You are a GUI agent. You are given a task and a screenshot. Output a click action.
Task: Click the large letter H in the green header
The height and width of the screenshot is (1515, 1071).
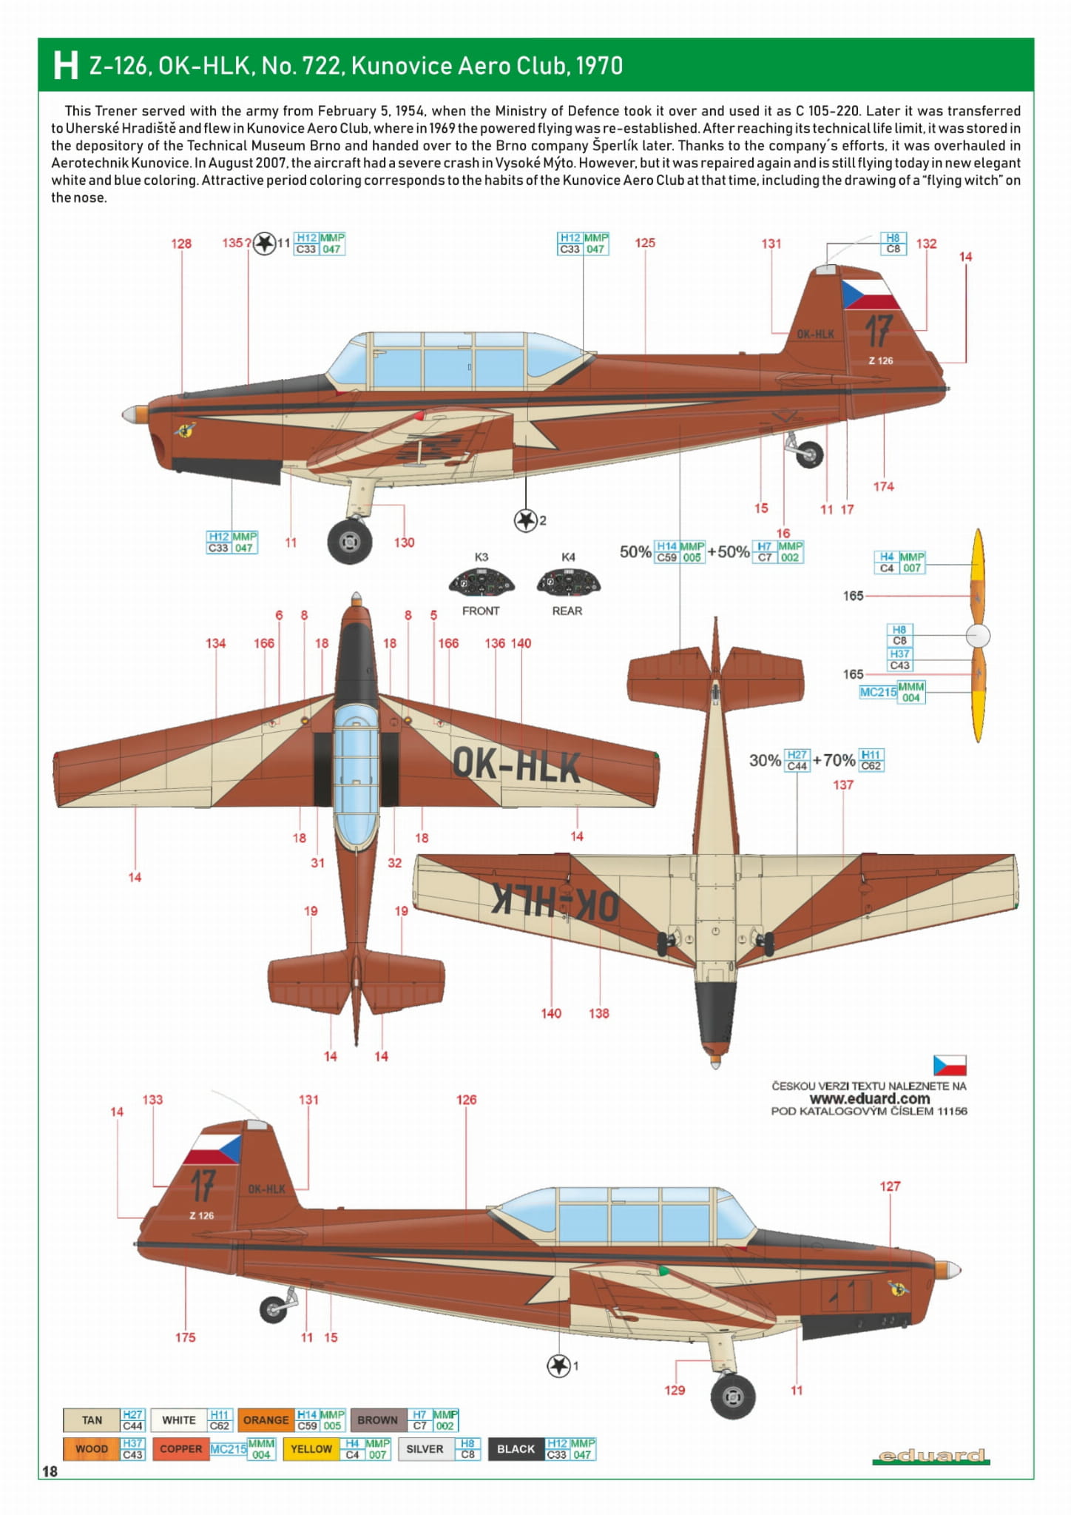tap(65, 65)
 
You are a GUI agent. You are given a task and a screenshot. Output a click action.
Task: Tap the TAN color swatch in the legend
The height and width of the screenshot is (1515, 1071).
tap(92, 1420)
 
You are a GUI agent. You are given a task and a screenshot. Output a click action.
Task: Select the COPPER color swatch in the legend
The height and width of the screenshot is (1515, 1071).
tap(180, 1448)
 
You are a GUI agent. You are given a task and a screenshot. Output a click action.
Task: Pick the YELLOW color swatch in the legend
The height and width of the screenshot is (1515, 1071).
tap(311, 1448)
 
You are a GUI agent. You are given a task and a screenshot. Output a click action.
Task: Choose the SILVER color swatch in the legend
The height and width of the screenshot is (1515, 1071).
tap(425, 1448)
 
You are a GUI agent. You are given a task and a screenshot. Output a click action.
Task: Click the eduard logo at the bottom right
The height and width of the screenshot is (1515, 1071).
tap(931, 1456)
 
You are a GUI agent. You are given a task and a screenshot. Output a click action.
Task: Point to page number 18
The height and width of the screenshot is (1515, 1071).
tap(50, 1471)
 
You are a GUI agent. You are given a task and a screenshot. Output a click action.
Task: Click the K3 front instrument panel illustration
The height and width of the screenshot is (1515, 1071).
tap(481, 582)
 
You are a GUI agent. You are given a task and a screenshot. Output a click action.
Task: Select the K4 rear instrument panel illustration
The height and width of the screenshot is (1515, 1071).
tap(568, 582)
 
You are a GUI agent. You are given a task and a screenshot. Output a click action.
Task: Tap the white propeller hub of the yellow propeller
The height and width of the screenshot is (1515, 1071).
tap(978, 635)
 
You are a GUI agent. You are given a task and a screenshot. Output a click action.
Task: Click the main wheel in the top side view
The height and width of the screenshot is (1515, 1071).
tap(349, 542)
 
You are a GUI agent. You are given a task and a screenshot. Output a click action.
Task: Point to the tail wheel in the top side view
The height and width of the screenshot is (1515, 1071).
tap(809, 454)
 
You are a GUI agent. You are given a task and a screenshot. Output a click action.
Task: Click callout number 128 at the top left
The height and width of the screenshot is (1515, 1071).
tap(181, 243)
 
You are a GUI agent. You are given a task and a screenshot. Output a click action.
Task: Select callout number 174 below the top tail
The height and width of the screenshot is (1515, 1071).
tap(883, 486)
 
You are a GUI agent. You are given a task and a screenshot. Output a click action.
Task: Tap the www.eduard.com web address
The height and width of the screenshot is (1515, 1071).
tap(869, 1098)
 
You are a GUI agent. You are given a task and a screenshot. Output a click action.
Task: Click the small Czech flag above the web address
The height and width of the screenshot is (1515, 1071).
tap(949, 1065)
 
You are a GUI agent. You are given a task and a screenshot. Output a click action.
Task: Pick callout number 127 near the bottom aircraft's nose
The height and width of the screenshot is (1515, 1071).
tap(890, 1186)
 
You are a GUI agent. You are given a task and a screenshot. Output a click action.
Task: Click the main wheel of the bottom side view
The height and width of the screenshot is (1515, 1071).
tap(732, 1397)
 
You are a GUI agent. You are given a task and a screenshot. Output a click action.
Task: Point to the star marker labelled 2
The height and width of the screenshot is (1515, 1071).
tap(525, 520)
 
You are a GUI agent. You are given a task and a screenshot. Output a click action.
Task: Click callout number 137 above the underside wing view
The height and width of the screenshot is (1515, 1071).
tap(843, 785)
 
